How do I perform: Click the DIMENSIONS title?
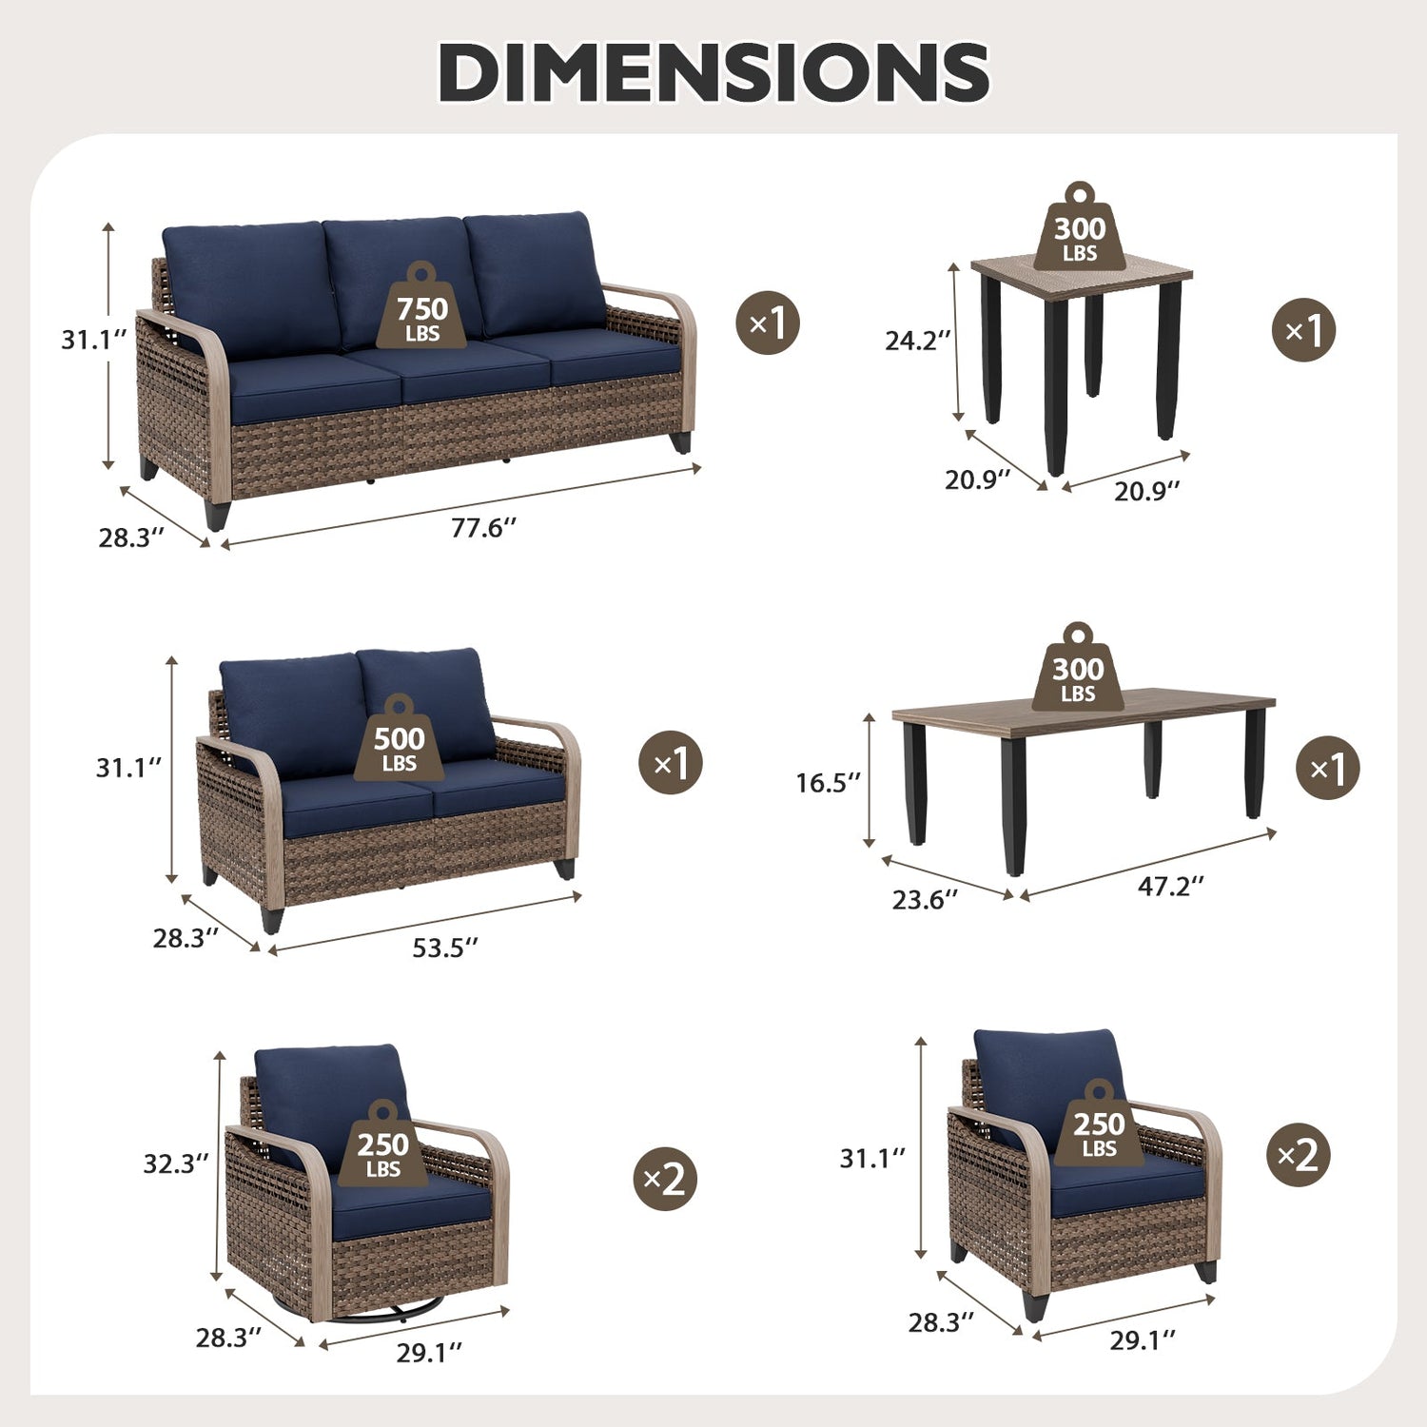tap(713, 72)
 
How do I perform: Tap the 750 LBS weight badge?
tap(422, 306)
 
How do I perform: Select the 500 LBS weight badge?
tap(399, 737)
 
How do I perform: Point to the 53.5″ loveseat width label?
tap(444, 948)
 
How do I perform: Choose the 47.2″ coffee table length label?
tap(1171, 886)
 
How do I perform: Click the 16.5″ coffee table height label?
tap(828, 782)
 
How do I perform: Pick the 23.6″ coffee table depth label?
tap(925, 899)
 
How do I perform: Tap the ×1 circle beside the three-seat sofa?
tap(768, 323)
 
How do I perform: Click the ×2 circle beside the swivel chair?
tap(665, 1180)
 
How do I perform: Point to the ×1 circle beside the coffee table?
tap(1328, 768)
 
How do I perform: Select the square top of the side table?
tap(1082, 270)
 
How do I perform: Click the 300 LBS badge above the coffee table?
tap(1078, 667)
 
